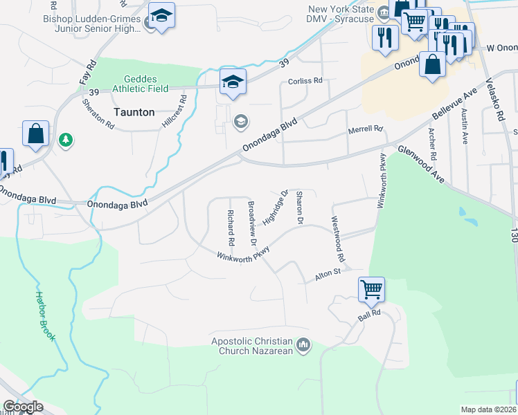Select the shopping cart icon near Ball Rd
click(x=372, y=289)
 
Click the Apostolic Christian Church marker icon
click(x=303, y=344)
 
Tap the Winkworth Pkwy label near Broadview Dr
click(x=242, y=257)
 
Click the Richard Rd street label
click(x=230, y=226)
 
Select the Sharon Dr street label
click(x=299, y=208)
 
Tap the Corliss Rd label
click(x=305, y=81)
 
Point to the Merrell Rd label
click(x=365, y=129)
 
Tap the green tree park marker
click(x=66, y=140)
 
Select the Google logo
click(x=23, y=407)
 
